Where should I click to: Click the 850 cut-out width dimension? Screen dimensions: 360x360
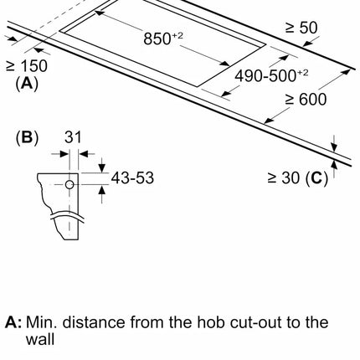coord(163,39)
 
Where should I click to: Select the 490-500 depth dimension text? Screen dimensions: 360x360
coord(271,75)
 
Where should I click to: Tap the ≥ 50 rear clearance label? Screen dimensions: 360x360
coord(301,28)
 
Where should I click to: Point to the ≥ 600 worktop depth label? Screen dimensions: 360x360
coord(306,100)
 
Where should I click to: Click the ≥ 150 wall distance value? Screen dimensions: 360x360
coord(27,66)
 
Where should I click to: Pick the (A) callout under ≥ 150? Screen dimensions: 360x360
coord(27,84)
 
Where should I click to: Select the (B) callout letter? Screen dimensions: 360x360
coord(27,137)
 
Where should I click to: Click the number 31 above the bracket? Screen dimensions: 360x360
coord(73,137)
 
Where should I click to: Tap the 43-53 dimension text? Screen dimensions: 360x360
coord(132,177)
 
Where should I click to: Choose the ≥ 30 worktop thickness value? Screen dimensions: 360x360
coord(284,177)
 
